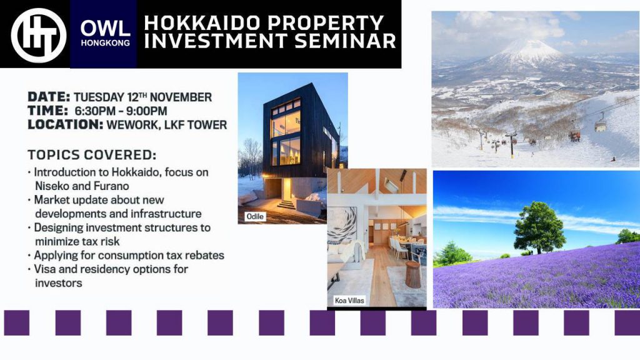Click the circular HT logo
click(x=39, y=36)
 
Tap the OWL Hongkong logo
click(x=105, y=34)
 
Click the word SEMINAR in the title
click(x=345, y=41)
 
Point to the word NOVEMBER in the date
click(x=181, y=97)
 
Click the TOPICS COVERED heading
click(x=92, y=155)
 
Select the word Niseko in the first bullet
click(x=52, y=186)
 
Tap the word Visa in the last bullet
click(x=45, y=269)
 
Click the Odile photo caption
click(x=255, y=216)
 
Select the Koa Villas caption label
click(x=349, y=301)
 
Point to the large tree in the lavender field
click(x=539, y=227)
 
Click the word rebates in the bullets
click(x=204, y=256)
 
